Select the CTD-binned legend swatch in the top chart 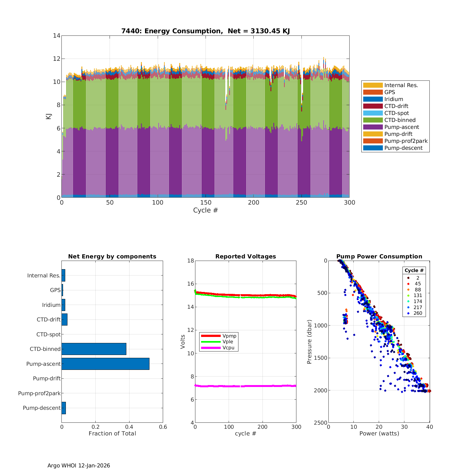click(373, 120)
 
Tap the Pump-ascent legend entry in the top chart click(402, 127)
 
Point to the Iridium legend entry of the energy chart click(394, 99)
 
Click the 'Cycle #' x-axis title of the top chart click(206, 211)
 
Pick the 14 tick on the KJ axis click(57, 35)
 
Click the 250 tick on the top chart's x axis click(301, 203)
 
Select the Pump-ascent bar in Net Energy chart click(105, 364)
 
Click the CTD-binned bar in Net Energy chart click(94, 349)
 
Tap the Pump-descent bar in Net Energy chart click(64, 408)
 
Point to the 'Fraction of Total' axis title click(112, 434)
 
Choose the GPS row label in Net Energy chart click(55, 290)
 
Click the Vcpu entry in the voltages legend click(228, 348)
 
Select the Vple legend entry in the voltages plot click(228, 342)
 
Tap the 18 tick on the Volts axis click(191, 261)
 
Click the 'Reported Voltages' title click(245, 256)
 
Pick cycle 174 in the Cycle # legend click(418, 301)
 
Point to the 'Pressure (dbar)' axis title click(310, 342)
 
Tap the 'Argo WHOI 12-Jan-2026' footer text click(79, 465)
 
